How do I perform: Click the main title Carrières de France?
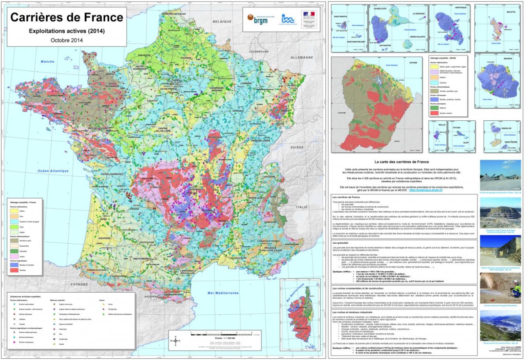[x=67, y=17]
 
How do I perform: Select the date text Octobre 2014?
[x=67, y=40]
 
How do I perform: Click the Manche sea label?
[x=47, y=61]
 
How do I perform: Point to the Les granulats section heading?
[x=341, y=243]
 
